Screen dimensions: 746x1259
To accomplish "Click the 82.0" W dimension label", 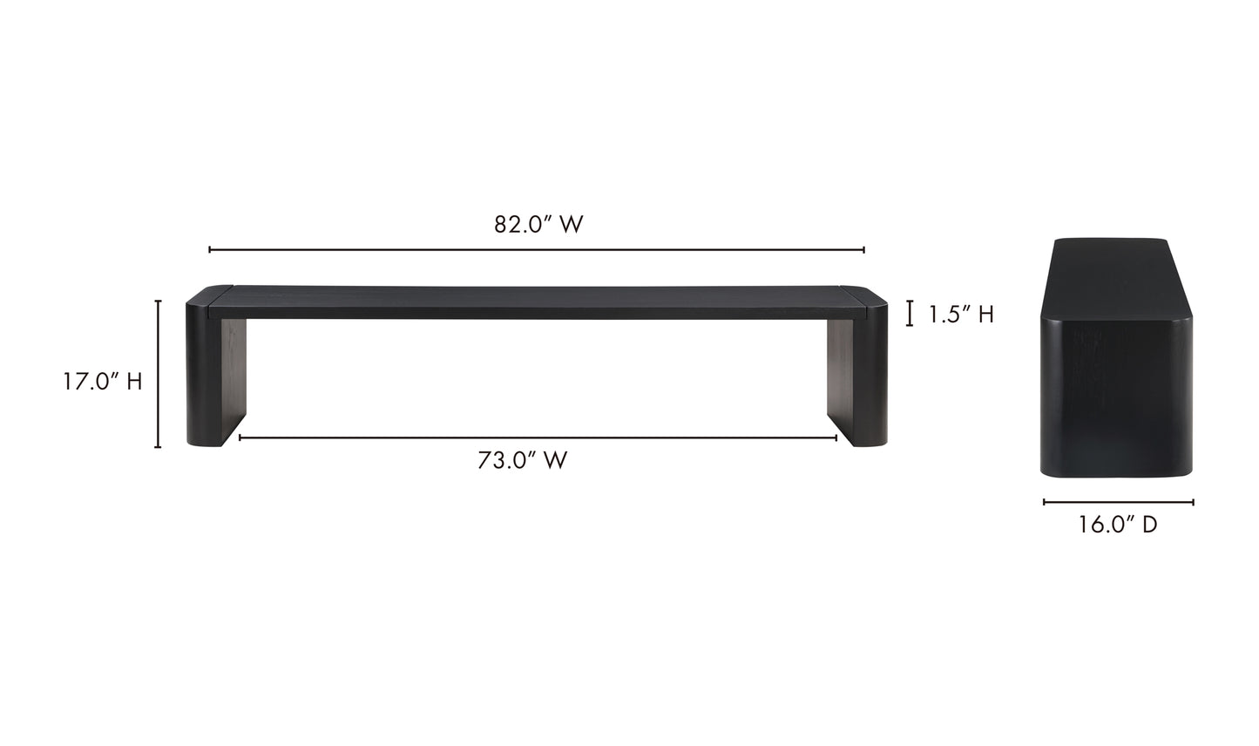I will coord(538,225).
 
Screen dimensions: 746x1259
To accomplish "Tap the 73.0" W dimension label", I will coord(522,460).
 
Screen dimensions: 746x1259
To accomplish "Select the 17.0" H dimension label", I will coord(102,382).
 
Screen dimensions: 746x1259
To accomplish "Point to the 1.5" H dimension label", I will coord(960,315).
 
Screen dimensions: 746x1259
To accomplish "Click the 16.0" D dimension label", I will coord(1118,525).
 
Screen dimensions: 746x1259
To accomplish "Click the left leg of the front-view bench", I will coord(215,375).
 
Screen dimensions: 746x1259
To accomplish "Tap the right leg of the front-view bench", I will coord(857,375).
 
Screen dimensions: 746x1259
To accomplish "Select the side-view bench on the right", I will coord(1117,357).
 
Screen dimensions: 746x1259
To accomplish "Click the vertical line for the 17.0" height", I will coord(158,374).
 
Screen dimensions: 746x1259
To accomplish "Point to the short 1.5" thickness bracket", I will coord(910,314).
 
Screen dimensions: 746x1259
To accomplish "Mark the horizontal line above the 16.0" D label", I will coord(1118,502).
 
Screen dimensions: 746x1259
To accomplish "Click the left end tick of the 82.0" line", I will coord(210,250).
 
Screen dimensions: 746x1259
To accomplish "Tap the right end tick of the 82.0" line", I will coord(863,250).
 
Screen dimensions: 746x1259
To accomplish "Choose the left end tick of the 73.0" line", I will coord(240,437).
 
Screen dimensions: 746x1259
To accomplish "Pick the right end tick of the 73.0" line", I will coord(836,437).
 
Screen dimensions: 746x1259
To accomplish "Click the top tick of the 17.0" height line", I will coord(158,301).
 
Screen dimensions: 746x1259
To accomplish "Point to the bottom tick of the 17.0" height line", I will coord(158,447).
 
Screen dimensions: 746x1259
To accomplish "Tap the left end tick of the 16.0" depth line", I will coord(1044,502).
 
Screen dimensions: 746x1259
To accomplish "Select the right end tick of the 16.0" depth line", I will coord(1193,502).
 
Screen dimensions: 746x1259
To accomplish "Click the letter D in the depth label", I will coord(1150,525).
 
